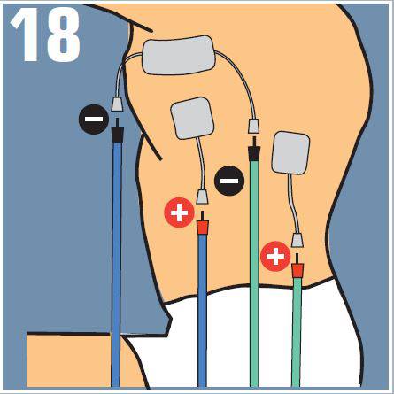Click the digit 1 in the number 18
(x=27, y=35)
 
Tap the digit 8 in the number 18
(x=64, y=35)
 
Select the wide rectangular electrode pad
(x=179, y=55)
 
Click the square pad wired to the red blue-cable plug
(x=192, y=118)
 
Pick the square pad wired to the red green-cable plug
(x=290, y=152)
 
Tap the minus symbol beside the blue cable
(x=94, y=120)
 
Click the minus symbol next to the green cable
(x=229, y=181)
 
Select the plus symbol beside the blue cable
(x=179, y=212)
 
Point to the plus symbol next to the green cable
(x=275, y=257)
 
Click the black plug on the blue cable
(x=117, y=131)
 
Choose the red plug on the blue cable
(x=203, y=224)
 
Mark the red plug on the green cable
(x=297, y=267)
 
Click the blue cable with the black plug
(x=116, y=265)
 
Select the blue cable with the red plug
(x=203, y=311)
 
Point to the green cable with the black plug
(x=254, y=274)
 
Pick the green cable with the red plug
(x=297, y=332)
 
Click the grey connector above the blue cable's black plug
(x=117, y=104)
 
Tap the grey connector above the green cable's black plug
(x=254, y=126)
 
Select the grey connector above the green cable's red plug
(x=297, y=240)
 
